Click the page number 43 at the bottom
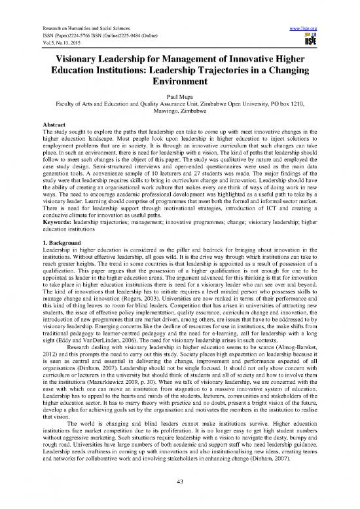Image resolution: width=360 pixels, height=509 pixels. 179,500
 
